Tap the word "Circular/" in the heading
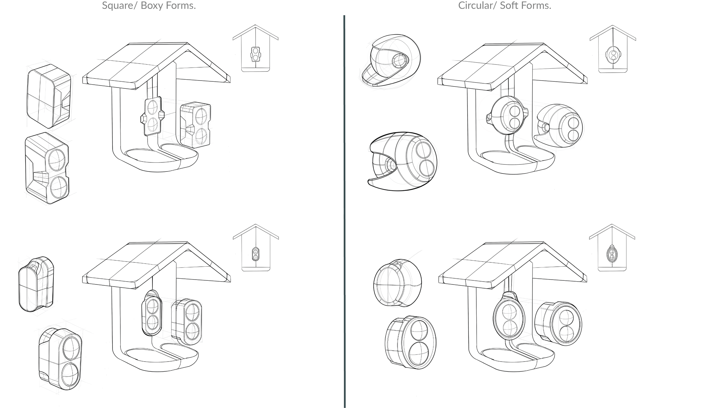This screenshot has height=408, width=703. pos(478,6)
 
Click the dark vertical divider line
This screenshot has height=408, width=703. pos(344,211)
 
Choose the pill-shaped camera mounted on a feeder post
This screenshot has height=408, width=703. pos(152,313)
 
